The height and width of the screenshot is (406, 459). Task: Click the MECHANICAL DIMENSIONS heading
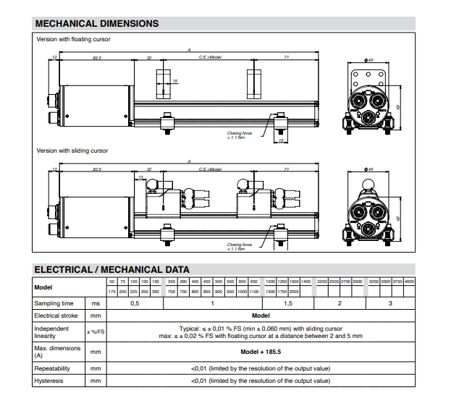point(96,23)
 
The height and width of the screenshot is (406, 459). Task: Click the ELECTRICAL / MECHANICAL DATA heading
point(112,269)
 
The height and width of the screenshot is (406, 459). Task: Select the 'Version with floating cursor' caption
point(73,39)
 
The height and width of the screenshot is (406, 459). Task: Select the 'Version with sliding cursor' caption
point(72,151)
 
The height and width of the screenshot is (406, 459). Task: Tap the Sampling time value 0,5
point(135,303)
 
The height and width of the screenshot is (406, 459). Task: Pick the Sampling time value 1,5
point(287,303)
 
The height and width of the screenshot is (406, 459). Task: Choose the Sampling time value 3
point(390,303)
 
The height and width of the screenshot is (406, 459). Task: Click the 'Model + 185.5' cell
point(261,352)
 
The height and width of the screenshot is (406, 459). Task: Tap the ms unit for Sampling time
point(94,303)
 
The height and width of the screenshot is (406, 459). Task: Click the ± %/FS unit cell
point(94,332)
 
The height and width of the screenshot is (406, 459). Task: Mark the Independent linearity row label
point(51,332)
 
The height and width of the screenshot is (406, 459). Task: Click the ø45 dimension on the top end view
point(369,60)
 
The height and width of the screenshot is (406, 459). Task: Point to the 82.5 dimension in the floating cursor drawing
point(97,56)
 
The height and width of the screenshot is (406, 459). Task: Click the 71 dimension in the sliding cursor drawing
point(287,169)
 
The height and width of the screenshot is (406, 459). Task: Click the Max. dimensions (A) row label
point(54,352)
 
